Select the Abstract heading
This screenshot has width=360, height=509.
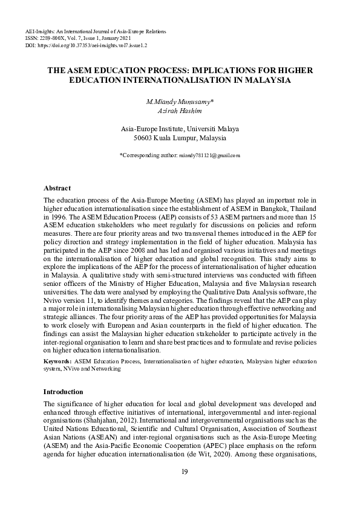57,188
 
